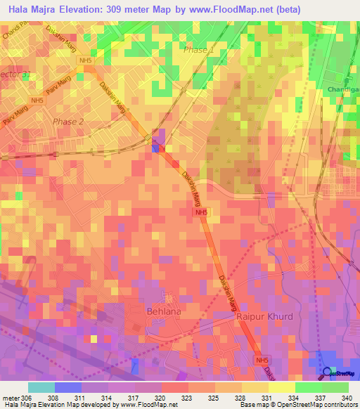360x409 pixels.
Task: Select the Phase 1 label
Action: click(198, 51)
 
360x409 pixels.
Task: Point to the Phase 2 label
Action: click(68, 122)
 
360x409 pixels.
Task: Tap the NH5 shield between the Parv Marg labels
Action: click(37, 101)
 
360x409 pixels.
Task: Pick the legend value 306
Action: click(27, 397)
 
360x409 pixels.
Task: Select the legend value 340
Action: click(347, 397)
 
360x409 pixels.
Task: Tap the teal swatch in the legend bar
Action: click(41, 387)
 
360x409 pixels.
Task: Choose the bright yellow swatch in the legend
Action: click(281, 387)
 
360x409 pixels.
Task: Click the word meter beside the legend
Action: click(11, 397)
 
